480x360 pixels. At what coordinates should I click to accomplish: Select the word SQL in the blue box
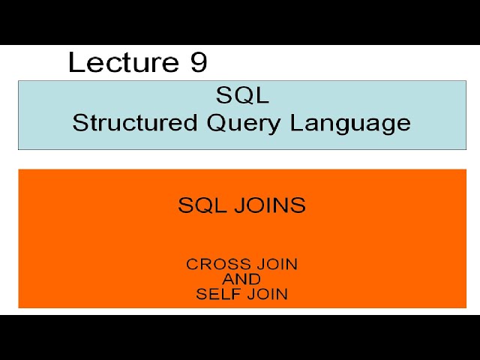[242, 96]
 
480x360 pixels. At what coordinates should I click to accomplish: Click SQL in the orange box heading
[200, 205]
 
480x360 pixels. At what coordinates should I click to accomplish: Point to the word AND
[241, 279]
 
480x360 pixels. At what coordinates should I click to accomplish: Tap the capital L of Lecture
[75, 62]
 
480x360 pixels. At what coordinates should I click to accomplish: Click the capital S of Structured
[79, 123]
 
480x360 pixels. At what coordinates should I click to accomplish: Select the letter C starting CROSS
[192, 264]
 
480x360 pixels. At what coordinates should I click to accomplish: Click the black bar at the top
[240, 22]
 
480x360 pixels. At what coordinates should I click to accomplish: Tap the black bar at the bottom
[240, 337]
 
